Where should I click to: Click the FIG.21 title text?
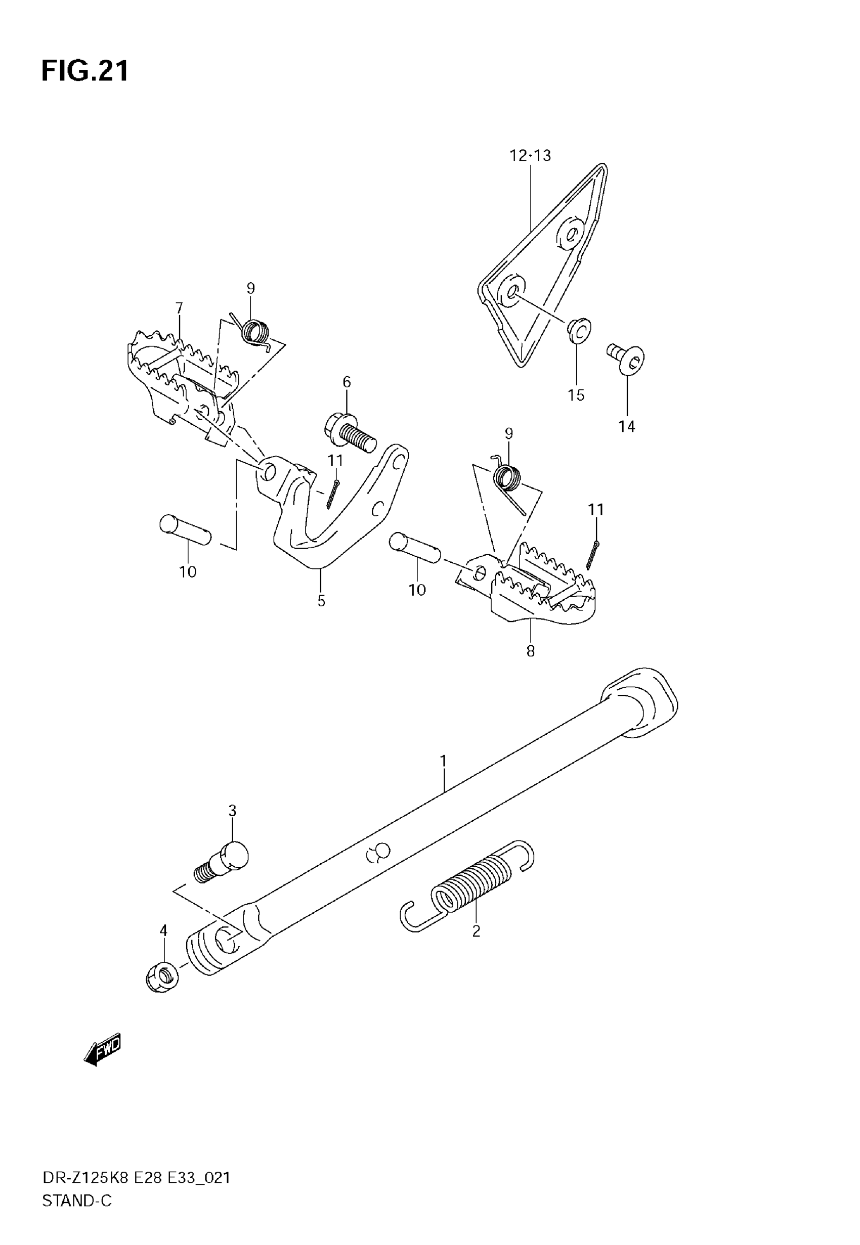coord(85,71)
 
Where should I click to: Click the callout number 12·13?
coord(530,156)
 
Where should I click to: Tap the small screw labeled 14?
coord(627,358)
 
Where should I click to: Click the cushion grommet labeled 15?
coord(579,330)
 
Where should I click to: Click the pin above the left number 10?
coord(185,530)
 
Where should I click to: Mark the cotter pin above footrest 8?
coord(593,554)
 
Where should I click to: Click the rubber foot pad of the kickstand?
coord(640,703)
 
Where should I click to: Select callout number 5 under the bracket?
coord(321,601)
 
